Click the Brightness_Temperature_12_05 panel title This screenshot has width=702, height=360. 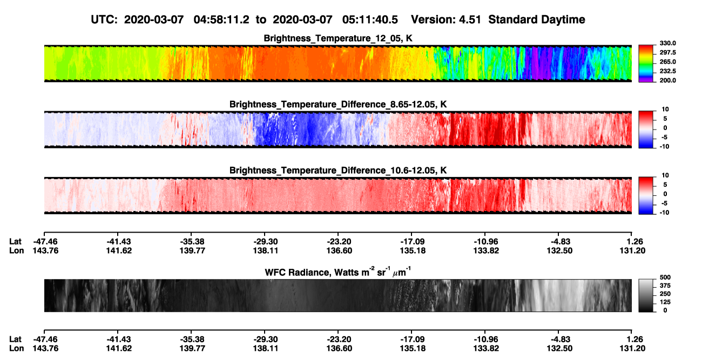(x=338, y=38)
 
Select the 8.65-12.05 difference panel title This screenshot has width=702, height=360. (x=338, y=104)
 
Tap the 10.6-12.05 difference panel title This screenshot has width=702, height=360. (x=338, y=171)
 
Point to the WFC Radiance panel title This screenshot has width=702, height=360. (x=338, y=271)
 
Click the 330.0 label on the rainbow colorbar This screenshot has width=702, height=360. (x=667, y=43)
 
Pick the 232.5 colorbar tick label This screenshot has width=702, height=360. (x=667, y=71)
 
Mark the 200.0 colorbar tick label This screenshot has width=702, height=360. (x=667, y=80)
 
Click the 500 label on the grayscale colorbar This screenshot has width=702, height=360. (x=665, y=277)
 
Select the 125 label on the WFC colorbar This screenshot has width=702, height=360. (x=665, y=302)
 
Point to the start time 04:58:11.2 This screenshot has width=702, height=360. (x=221, y=20)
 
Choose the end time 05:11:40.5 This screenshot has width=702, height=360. (x=370, y=20)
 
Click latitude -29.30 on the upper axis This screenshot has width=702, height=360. (x=265, y=242)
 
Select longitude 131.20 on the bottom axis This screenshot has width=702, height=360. (x=632, y=349)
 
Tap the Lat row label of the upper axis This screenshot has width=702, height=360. (x=15, y=242)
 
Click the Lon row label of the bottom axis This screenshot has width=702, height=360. (x=16, y=349)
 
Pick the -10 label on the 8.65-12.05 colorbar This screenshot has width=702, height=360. (x=665, y=147)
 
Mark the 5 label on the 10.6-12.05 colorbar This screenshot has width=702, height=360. (x=665, y=185)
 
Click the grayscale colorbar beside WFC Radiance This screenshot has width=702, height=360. (x=646, y=295)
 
